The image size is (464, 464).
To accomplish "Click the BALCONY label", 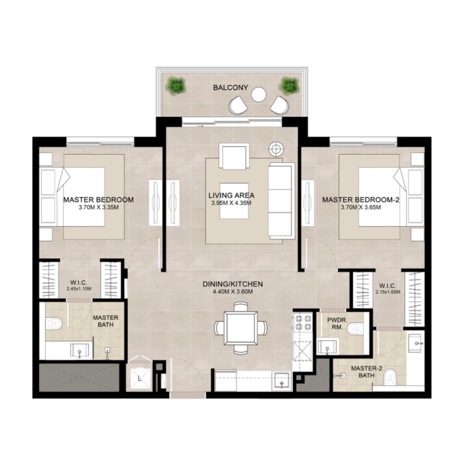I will pyautogui.click(x=230, y=88).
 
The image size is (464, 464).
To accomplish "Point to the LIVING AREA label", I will pyautogui.click(x=231, y=195).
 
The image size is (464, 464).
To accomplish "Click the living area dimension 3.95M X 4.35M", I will pyautogui.click(x=231, y=203).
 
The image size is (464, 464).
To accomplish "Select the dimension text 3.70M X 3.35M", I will pyautogui.click(x=98, y=207).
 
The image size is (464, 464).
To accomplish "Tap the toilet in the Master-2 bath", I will pyautogui.click(x=392, y=376).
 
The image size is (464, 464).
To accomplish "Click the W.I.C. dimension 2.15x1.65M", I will pyautogui.click(x=387, y=292).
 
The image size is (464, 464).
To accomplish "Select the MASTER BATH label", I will pyautogui.click(x=106, y=321).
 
